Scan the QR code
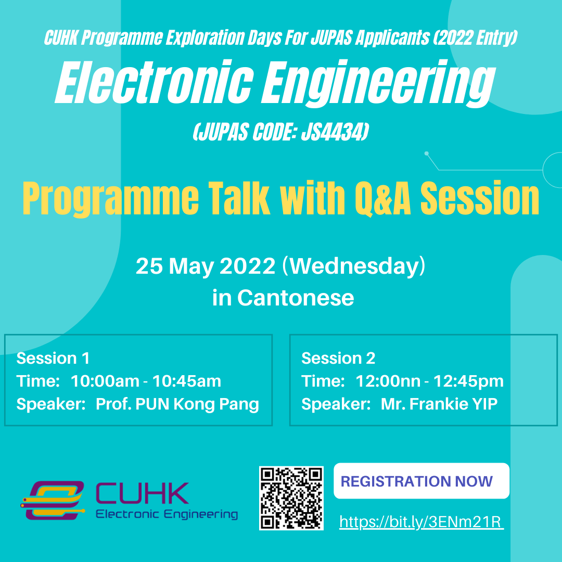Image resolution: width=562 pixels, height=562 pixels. (291, 498)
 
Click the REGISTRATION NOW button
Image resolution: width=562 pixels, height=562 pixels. (421, 481)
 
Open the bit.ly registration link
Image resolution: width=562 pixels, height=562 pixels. (421, 522)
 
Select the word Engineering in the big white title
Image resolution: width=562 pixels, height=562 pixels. (378, 85)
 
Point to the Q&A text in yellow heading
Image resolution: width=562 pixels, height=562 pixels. (383, 198)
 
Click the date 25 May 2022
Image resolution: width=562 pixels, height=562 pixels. (206, 266)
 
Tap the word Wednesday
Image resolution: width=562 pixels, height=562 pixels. (354, 266)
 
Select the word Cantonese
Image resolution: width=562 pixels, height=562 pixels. (296, 298)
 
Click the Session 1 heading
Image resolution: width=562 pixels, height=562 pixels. (53, 358)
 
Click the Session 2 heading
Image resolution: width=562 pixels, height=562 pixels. (338, 358)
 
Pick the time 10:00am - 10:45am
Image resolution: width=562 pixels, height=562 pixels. (146, 381)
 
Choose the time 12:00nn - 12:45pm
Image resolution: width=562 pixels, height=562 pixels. (429, 381)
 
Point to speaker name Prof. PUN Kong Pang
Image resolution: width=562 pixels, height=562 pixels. (177, 404)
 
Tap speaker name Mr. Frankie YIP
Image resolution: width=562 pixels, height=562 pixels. (439, 404)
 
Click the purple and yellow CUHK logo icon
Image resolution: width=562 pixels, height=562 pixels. (53, 500)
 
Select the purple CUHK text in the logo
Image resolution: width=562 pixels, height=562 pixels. (142, 493)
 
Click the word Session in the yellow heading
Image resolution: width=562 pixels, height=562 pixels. (480, 198)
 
